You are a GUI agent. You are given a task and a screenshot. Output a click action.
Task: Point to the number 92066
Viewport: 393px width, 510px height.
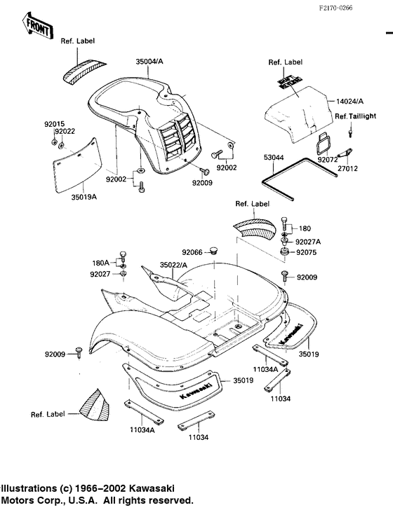coord(192,251)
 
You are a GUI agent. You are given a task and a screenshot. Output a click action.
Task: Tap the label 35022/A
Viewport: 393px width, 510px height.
coord(174,266)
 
